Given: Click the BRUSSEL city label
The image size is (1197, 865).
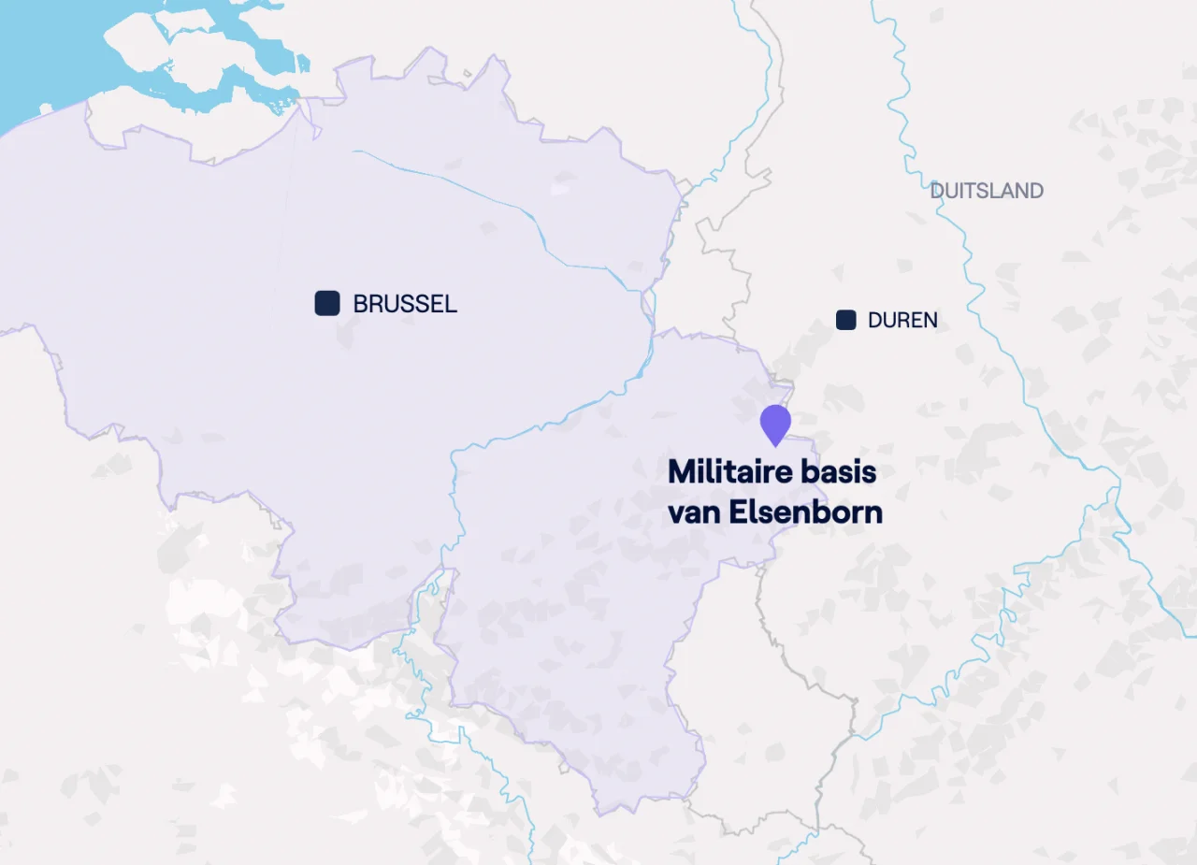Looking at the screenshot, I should [405, 304].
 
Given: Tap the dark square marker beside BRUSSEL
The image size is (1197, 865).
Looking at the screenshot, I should [327, 303].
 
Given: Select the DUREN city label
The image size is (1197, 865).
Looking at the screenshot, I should [902, 321].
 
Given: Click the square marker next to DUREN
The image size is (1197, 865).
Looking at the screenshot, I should [846, 320].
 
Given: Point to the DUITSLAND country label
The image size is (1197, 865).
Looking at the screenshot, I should [987, 191].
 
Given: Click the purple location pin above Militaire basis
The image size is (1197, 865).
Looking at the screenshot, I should [775, 424].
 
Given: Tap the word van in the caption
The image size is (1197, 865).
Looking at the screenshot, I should [689, 512].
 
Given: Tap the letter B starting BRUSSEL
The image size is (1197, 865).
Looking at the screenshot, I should [360, 304].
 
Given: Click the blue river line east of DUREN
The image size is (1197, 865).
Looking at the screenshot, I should [973, 281].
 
